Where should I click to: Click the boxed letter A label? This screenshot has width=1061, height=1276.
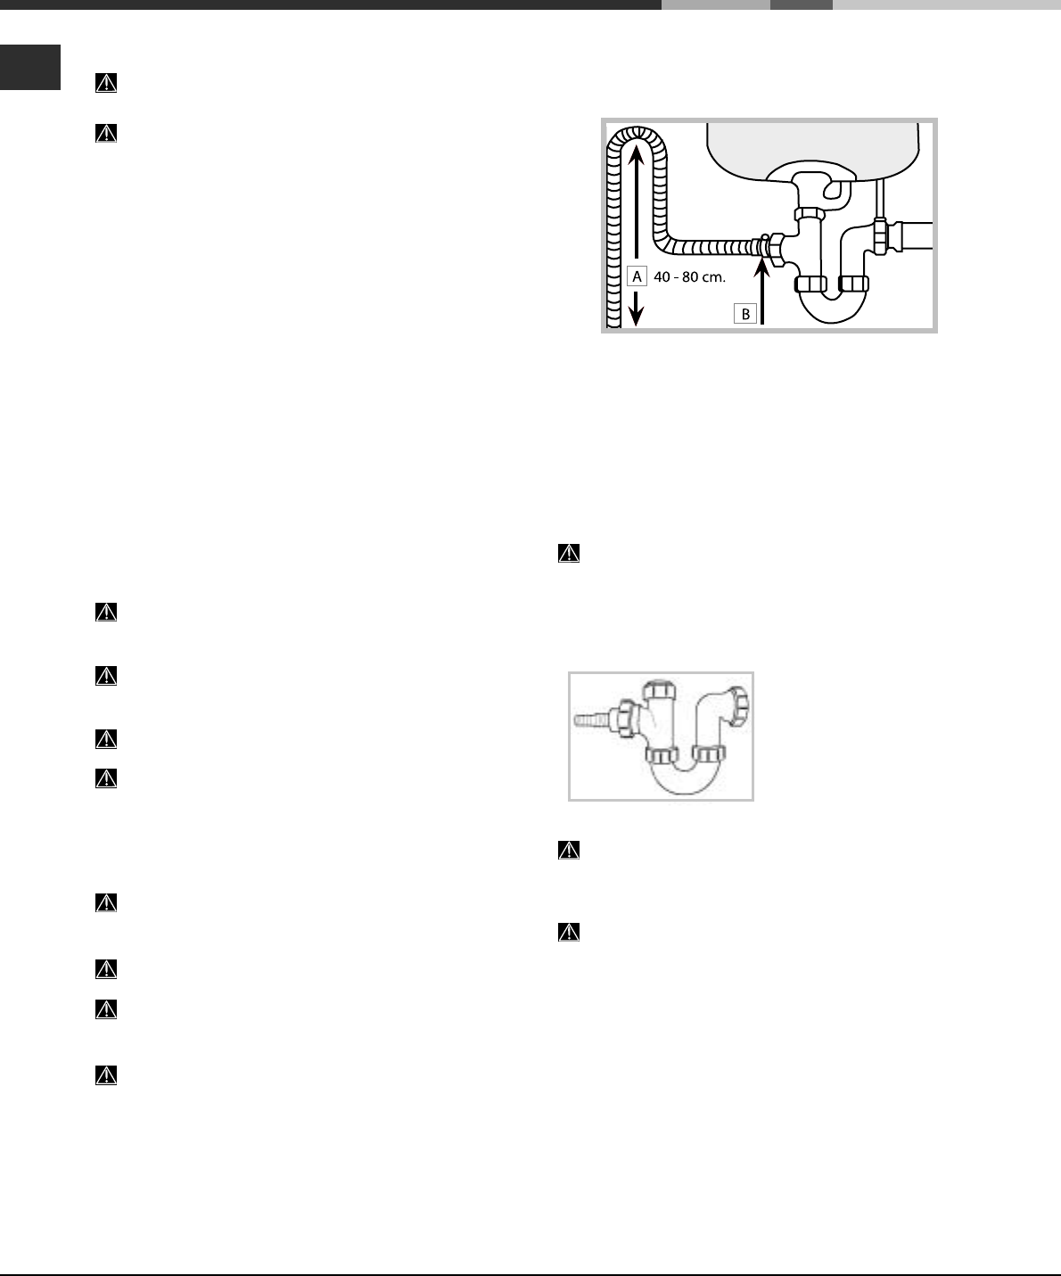[x=637, y=276]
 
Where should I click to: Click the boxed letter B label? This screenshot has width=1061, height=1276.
[x=744, y=314]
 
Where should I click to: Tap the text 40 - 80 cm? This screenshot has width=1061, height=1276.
[x=690, y=277]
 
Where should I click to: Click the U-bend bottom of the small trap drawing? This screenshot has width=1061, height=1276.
[x=687, y=785]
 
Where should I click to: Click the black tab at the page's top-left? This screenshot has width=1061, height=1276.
[x=30, y=68]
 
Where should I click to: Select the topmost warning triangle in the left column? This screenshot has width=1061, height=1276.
[x=106, y=83]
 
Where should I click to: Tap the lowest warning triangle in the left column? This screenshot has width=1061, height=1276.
[x=106, y=1076]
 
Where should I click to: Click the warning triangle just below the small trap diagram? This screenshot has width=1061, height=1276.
[x=568, y=851]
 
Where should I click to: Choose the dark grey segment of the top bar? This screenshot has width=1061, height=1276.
[x=801, y=4]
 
